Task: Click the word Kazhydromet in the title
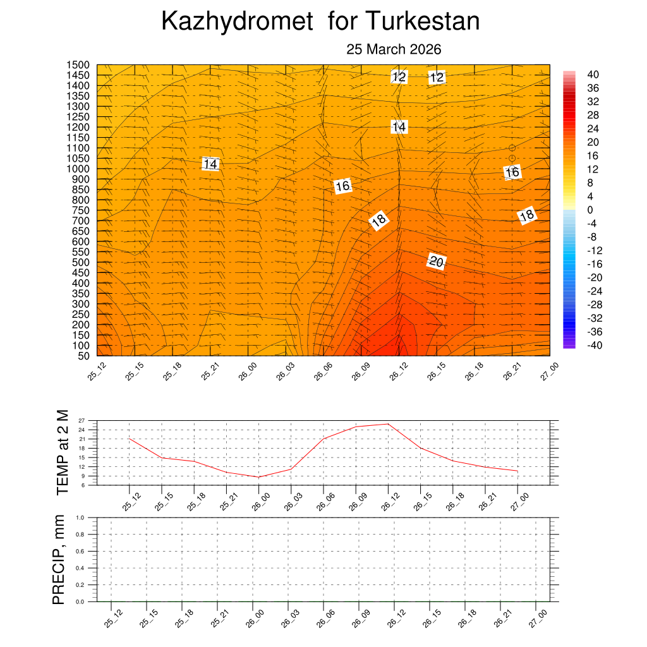(x=237, y=21)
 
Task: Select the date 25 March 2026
(x=394, y=49)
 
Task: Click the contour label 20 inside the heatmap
(x=436, y=261)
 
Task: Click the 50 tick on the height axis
(x=83, y=356)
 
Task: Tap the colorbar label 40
(x=593, y=75)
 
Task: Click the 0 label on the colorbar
(x=590, y=210)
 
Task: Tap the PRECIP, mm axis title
(x=59, y=559)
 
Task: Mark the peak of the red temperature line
(x=388, y=424)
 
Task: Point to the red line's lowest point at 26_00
(x=258, y=477)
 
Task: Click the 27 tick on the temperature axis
(x=82, y=420)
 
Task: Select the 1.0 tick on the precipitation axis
(x=80, y=517)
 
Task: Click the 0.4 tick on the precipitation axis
(x=80, y=568)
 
